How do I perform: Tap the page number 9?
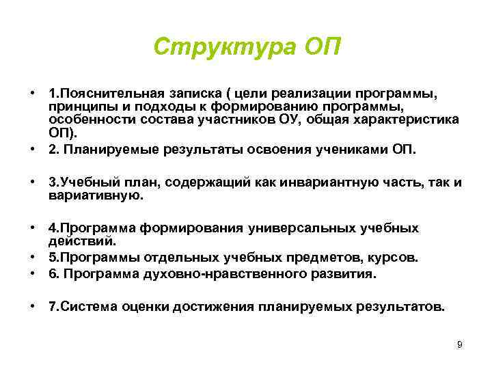point(460,344)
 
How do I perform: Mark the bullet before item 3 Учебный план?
point(32,182)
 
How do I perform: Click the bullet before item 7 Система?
point(32,307)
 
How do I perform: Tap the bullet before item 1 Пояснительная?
point(32,92)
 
